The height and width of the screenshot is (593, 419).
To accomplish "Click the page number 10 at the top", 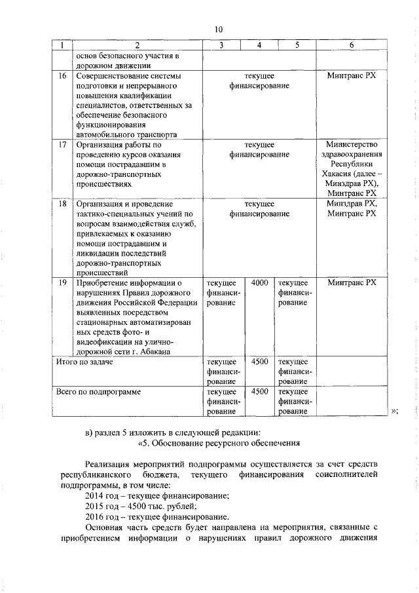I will (219, 29).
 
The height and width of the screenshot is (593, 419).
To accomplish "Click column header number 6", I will (352, 45).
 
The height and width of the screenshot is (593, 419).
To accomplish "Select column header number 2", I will (137, 45).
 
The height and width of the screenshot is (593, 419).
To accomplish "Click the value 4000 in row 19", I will (259, 282).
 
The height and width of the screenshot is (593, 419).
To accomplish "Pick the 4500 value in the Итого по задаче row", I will (259, 361).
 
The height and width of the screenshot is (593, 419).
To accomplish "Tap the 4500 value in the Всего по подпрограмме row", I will (259, 391).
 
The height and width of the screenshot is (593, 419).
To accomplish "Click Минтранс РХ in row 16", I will (352, 76).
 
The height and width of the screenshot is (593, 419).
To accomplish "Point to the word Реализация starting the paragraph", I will (108, 464).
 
